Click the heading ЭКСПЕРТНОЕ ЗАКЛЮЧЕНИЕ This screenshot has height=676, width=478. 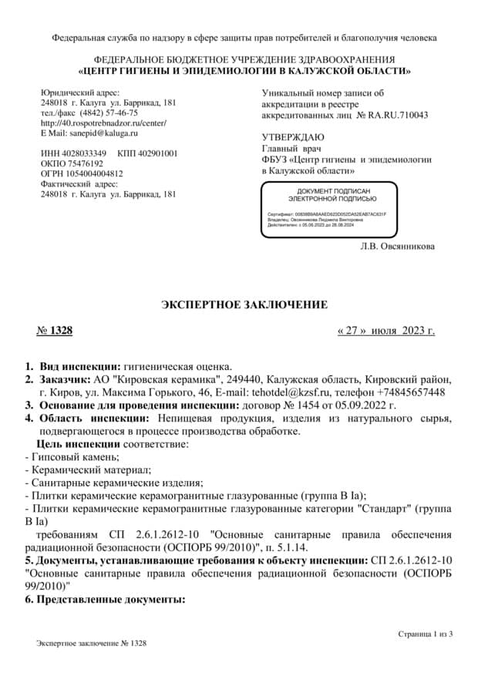point(244,305)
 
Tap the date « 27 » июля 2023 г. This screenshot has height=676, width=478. point(386,331)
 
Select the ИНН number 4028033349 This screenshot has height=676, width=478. point(86,153)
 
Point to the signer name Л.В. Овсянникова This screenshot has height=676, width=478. point(397,247)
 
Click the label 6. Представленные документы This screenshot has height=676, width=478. point(105,598)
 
